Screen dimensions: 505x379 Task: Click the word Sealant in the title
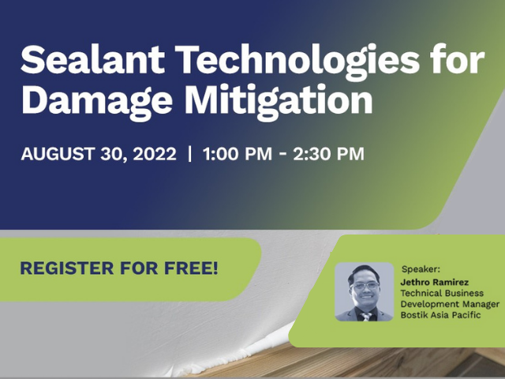point(93,59)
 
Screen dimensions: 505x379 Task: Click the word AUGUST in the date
point(58,154)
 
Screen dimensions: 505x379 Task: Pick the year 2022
point(155,154)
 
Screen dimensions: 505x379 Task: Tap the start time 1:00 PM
point(238,154)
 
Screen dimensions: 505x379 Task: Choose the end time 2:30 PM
point(328,154)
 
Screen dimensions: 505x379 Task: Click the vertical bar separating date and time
point(189,154)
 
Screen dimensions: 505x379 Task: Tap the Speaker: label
point(421,269)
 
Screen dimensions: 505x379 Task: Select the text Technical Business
point(442,293)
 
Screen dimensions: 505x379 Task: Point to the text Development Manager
point(450,304)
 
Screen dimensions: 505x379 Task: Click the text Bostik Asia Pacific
point(440,315)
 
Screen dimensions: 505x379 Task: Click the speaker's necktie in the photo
point(365,317)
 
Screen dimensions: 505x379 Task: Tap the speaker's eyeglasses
point(365,286)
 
